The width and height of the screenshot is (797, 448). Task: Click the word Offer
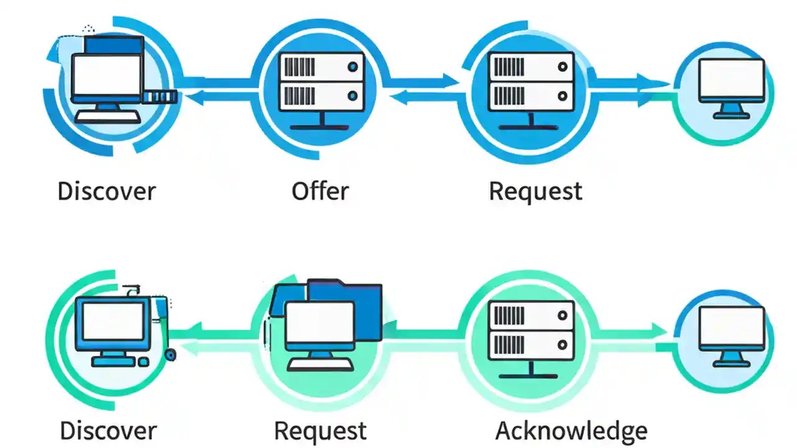coord(320,191)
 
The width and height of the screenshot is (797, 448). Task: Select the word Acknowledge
coord(571,431)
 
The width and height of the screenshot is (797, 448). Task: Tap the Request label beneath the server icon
coord(535,191)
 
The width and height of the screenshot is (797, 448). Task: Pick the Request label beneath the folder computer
coord(320,431)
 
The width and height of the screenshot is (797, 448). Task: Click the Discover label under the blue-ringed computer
coord(106,191)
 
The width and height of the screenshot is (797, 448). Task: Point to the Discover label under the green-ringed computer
coord(108,431)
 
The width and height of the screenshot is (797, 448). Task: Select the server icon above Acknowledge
coord(531,330)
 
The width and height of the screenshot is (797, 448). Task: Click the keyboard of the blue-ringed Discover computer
coord(107,117)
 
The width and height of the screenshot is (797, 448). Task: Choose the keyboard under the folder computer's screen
coord(320,364)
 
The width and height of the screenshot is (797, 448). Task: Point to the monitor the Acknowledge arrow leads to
coord(731,330)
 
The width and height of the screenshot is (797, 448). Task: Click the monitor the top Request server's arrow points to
coord(731,82)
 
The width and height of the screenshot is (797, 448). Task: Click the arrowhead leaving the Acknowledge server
coord(659,330)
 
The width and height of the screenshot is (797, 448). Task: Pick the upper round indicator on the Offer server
coord(353,66)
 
